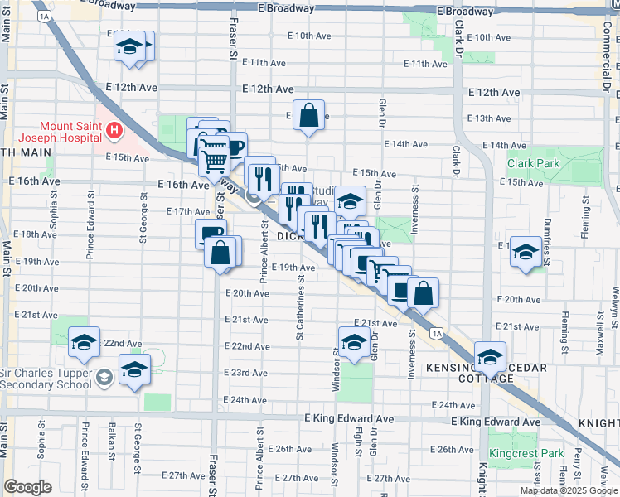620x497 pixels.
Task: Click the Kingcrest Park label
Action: pyautogui.click(x=526, y=453)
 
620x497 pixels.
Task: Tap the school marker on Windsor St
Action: pyautogui.click(x=354, y=341)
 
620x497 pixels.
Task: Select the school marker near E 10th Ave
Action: pyautogui.click(x=130, y=47)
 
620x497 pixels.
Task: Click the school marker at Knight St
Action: pyautogui.click(x=491, y=357)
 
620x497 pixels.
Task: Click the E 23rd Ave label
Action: pyautogui.click(x=249, y=374)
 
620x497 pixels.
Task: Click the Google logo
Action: pyautogui.click(x=27, y=487)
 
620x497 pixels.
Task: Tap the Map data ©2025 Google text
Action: pyautogui.click(x=568, y=490)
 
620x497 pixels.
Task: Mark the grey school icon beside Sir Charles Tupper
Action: pyautogui.click(x=104, y=378)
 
